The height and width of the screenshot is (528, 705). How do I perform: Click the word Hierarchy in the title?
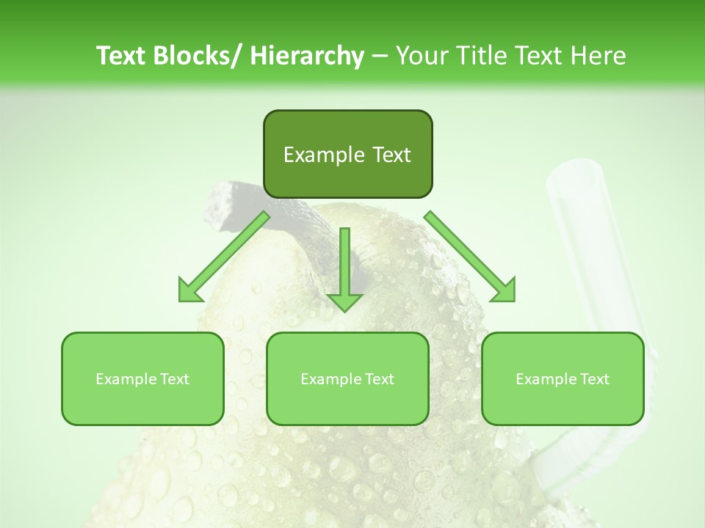click(x=306, y=56)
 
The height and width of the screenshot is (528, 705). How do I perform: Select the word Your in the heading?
click(x=421, y=56)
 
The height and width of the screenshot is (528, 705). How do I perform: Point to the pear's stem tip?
click(x=221, y=192)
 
